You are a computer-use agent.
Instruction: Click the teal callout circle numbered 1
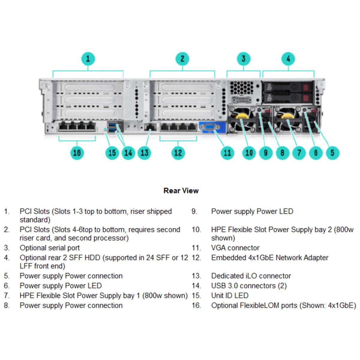point(88,59)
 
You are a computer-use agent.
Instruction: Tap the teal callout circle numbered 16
point(77,153)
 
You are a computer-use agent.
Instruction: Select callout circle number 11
point(227,153)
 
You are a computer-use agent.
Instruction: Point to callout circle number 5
point(332,153)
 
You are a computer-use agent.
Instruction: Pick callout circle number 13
point(144,153)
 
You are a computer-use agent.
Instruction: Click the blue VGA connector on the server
point(210,127)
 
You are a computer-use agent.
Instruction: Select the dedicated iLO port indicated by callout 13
point(150,127)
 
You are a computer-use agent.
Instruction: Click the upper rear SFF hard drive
point(287,87)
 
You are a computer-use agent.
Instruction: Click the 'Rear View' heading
point(181,190)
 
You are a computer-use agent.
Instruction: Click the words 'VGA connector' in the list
point(235,248)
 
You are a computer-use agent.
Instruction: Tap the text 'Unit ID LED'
point(229,295)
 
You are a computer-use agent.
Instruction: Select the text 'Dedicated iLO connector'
point(251,276)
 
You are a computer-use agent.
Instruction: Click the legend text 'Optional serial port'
point(50,248)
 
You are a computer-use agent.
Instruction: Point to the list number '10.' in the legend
point(196,229)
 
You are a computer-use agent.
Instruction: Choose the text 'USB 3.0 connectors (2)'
point(249,286)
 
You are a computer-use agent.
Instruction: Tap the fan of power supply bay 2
point(241,120)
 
